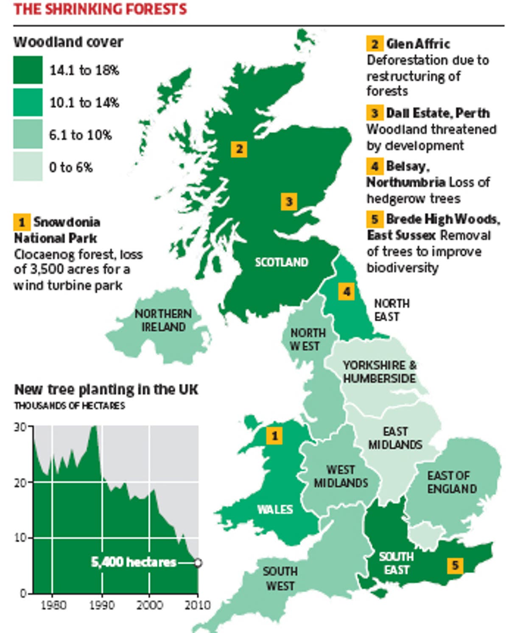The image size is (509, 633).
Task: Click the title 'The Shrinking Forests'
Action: [100, 9]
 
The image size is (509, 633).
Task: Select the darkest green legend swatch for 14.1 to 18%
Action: [28, 70]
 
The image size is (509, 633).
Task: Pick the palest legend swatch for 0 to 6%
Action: [28, 167]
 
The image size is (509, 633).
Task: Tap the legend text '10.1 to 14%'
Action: [84, 103]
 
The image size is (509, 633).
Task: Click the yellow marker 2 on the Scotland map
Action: [239, 149]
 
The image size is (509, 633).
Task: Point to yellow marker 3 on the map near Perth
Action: [289, 201]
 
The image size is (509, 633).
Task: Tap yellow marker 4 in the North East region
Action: [347, 292]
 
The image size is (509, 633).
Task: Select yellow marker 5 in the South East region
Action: [455, 565]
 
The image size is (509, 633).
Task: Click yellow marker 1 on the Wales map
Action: [274, 436]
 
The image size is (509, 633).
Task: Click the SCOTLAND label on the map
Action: [281, 262]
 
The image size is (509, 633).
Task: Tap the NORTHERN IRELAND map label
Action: [163, 320]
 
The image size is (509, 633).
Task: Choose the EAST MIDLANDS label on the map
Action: [395, 438]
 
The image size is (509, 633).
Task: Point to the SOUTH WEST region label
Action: [280, 579]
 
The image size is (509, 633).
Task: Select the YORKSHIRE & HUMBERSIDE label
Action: [380, 371]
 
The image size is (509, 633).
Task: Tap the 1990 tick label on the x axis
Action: [101, 605]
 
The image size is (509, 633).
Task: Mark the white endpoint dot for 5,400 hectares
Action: [198, 563]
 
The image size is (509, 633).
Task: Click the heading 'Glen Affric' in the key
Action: [418, 44]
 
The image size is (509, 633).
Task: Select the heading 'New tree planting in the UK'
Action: [106, 389]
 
